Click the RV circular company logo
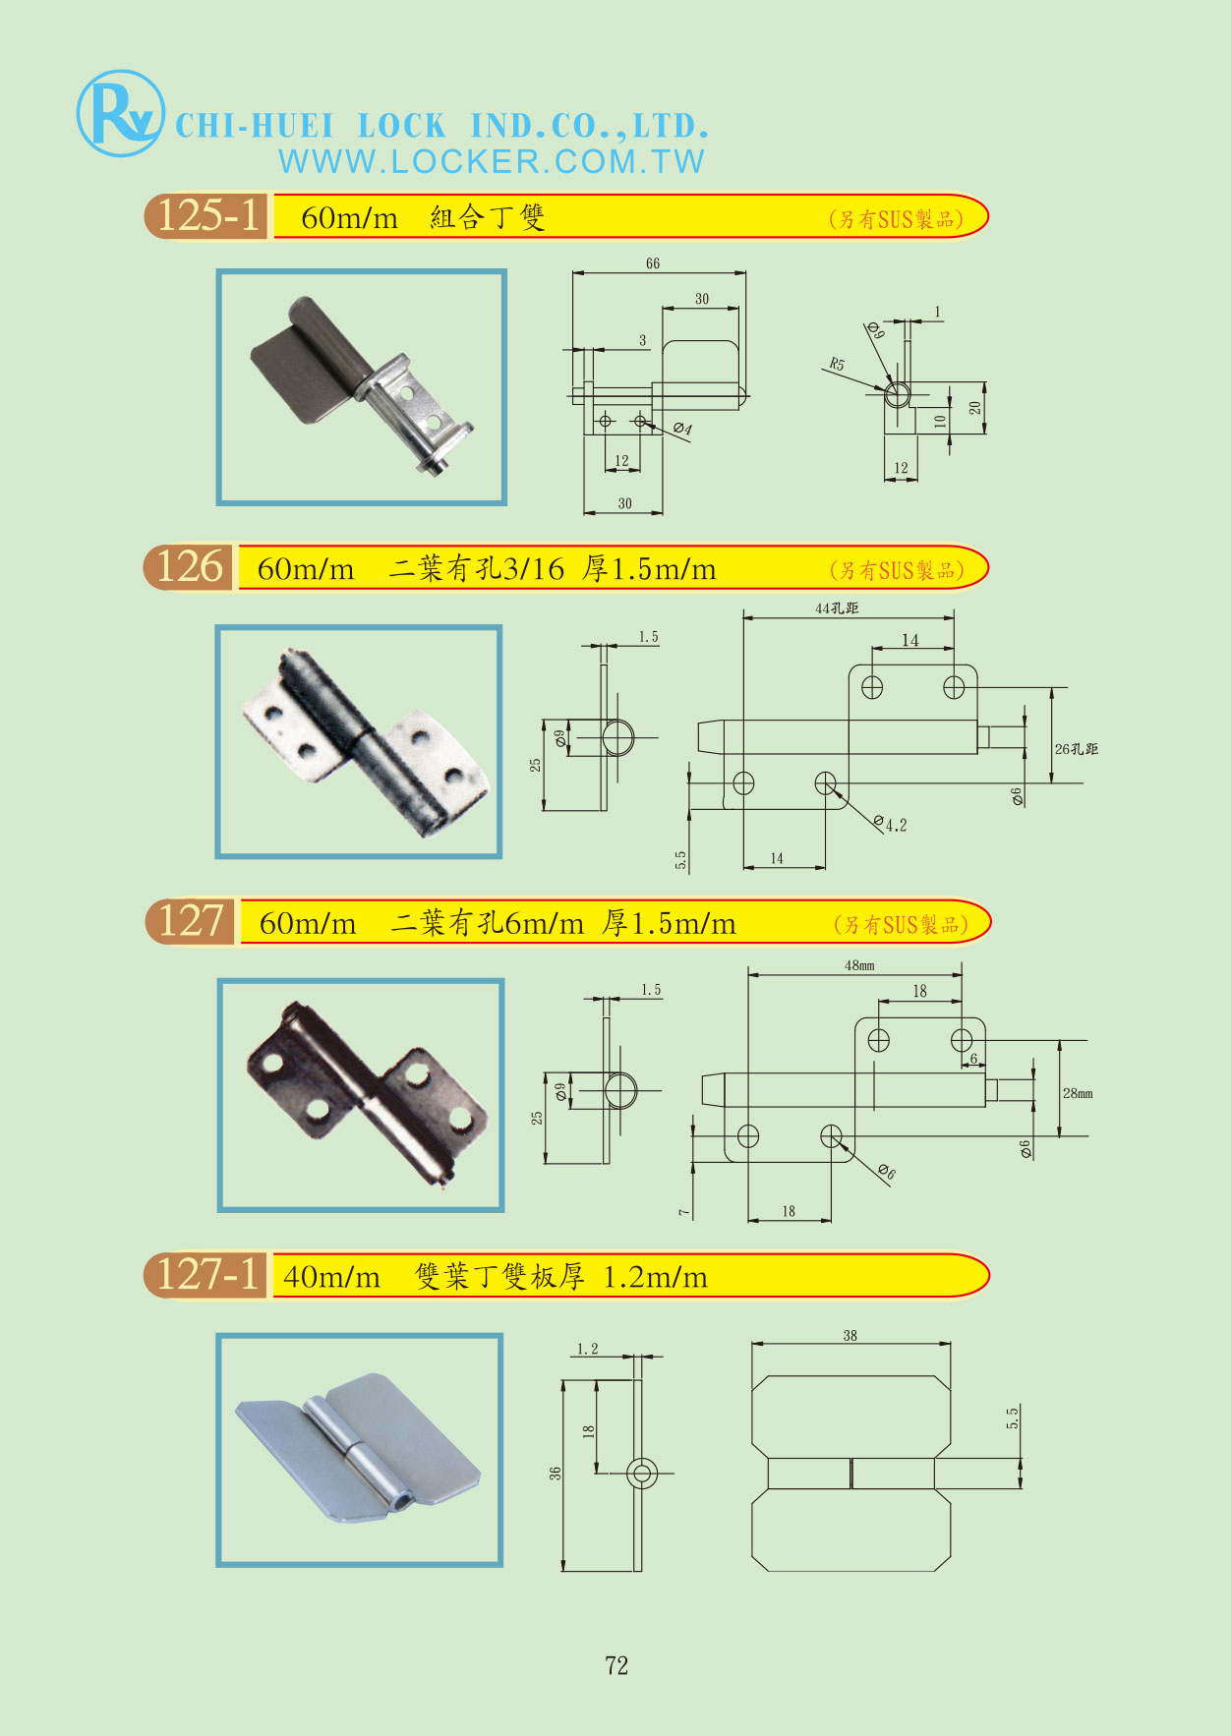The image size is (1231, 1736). [120, 113]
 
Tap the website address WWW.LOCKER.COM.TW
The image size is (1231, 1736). [492, 162]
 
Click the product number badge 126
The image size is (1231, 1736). [190, 567]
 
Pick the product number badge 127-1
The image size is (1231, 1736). [208, 1275]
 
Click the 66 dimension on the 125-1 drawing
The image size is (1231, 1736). [653, 263]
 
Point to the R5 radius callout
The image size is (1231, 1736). [836, 364]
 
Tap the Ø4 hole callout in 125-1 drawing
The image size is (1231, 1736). [682, 430]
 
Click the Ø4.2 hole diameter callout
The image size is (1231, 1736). [891, 825]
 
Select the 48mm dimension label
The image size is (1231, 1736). [859, 965]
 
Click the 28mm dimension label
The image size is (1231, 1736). [1078, 1093]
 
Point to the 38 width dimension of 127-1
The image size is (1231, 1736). [850, 1336]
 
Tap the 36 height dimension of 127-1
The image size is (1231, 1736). [556, 1474]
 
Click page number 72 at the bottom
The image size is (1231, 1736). [616, 1665]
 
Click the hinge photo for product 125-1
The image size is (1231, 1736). [362, 387]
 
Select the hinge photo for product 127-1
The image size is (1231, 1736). [360, 1449]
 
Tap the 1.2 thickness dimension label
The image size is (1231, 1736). [588, 1349]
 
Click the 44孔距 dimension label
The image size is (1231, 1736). [837, 608]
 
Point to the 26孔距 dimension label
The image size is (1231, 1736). [1076, 749]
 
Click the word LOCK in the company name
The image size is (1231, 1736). [401, 126]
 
